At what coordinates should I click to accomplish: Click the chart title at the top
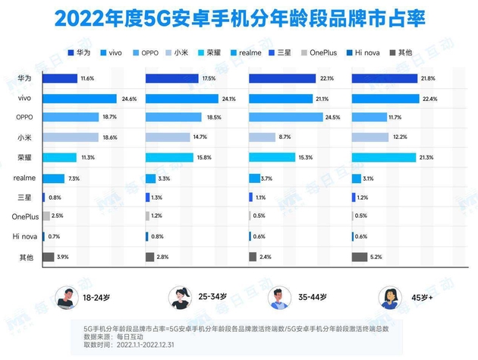click(x=240, y=16)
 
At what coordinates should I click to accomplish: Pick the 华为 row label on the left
click(x=24, y=78)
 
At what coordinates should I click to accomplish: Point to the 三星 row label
click(x=24, y=197)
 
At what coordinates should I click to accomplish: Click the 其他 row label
click(x=24, y=257)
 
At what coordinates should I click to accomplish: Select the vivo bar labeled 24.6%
click(x=79, y=98)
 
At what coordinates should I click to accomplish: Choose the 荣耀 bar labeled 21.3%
click(x=384, y=157)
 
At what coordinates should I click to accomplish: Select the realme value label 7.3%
click(x=74, y=177)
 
